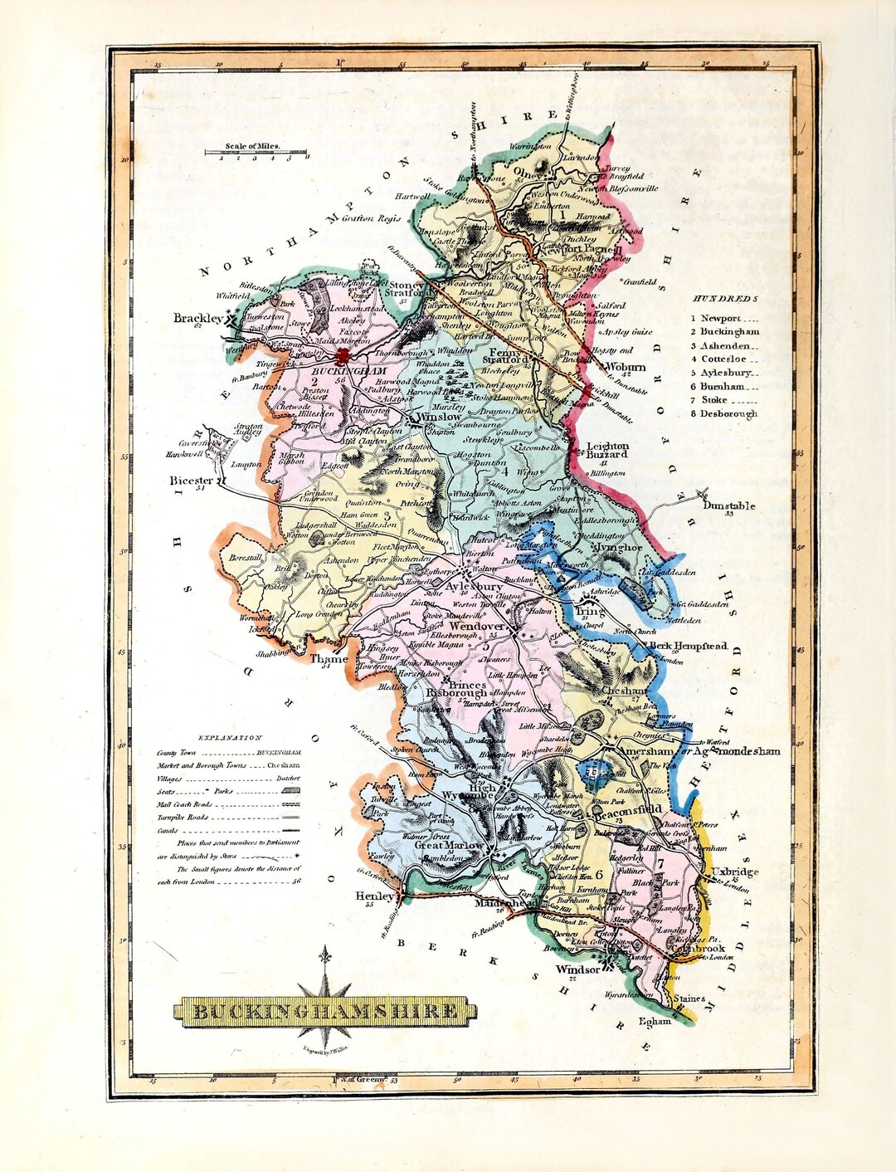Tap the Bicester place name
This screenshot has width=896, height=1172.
tap(191, 481)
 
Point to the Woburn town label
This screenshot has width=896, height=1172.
tap(626, 367)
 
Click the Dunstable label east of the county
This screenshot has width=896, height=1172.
tap(728, 505)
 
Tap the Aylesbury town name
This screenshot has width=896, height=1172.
tap(474, 587)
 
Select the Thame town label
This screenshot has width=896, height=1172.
tap(329, 659)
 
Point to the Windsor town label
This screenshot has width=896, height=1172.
tap(577, 969)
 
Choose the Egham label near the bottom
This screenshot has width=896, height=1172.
tap(655, 1021)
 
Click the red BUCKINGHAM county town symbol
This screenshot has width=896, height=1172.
tap(343, 354)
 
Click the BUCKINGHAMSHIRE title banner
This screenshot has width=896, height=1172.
tap(326, 1011)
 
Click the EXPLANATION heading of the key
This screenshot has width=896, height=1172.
tap(229, 737)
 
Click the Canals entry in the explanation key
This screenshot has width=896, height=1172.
tap(170, 829)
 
